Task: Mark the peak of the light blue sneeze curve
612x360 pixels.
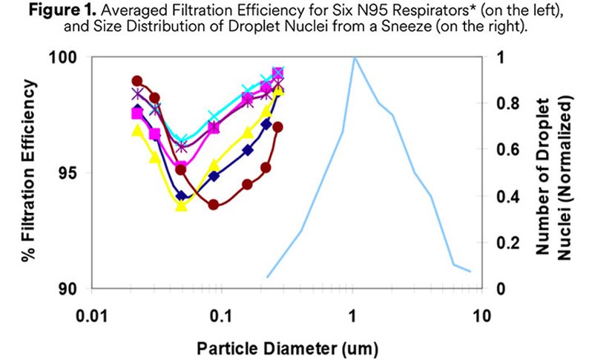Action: click(x=355, y=57)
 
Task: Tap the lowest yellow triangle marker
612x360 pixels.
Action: click(x=181, y=206)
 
